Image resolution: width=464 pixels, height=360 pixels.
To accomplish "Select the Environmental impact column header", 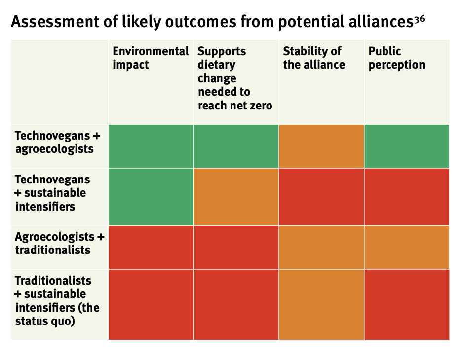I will [x=151, y=58].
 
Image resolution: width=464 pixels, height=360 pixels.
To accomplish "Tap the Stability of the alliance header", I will [x=313, y=58].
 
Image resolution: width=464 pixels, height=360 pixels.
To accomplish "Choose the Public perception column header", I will [x=396, y=58].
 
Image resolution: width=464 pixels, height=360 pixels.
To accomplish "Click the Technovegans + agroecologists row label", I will [x=57, y=142].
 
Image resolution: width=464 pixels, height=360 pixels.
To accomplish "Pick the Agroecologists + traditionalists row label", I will [x=59, y=243].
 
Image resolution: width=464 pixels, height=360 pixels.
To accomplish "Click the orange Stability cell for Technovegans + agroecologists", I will [x=321, y=146].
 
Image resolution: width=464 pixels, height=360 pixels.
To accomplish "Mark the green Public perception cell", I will [x=407, y=146].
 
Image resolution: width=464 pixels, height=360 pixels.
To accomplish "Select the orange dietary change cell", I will [x=236, y=197].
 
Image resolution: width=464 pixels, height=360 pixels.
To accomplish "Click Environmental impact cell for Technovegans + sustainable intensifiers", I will [x=151, y=197].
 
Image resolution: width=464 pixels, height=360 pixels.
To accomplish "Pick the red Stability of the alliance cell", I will [x=321, y=197].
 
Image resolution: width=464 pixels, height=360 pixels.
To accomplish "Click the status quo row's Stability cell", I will [x=321, y=304].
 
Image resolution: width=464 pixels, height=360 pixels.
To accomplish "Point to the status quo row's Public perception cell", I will [x=407, y=304].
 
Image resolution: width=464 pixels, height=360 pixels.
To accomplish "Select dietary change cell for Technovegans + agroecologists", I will [x=236, y=146].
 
